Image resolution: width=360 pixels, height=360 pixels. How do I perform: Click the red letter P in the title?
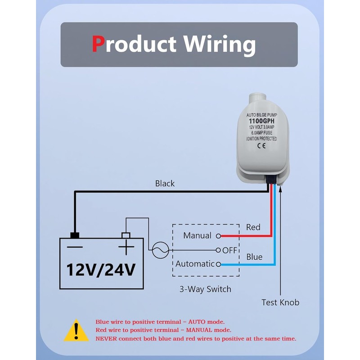[x=98, y=44]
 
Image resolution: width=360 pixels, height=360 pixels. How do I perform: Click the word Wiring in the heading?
[x=219, y=45]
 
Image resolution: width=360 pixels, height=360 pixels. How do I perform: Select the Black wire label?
[x=165, y=183]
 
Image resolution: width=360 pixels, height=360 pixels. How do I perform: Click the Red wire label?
[x=253, y=227]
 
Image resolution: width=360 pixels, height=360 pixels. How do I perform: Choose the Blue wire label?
[x=254, y=256]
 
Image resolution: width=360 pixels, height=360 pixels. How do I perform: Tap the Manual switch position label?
[x=197, y=235]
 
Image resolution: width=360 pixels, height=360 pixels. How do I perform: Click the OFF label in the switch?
[x=230, y=250]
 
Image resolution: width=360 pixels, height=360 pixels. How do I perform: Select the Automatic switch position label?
[x=195, y=264]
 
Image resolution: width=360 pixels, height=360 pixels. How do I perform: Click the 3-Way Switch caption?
[x=206, y=289]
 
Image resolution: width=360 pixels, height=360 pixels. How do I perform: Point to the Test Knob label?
[x=280, y=302]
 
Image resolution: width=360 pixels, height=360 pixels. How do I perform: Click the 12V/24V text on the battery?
[x=101, y=270]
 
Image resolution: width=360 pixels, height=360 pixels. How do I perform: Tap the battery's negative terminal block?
[x=75, y=235]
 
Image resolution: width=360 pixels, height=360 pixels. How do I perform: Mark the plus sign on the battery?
[x=126, y=247]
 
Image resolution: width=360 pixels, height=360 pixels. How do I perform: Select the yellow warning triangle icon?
[x=76, y=331]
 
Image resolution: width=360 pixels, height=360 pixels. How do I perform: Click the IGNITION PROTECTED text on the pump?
[x=262, y=139]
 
